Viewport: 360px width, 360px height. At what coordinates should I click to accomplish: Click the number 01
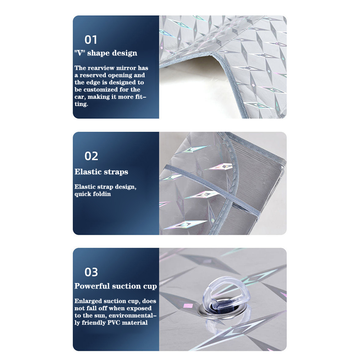[91, 40]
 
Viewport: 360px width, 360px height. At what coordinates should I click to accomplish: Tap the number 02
[91, 156]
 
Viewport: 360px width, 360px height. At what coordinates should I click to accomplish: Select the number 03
[91, 272]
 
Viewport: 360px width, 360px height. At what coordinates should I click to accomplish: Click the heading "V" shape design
[106, 53]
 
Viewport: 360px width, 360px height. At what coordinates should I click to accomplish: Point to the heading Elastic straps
[101, 172]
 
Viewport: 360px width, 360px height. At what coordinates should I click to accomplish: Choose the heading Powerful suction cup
[116, 286]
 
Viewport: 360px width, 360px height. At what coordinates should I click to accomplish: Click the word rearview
[101, 68]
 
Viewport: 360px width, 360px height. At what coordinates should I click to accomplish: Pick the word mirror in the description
[126, 68]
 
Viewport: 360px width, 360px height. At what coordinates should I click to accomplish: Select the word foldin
[102, 194]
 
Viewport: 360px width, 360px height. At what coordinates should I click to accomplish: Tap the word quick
[83, 194]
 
